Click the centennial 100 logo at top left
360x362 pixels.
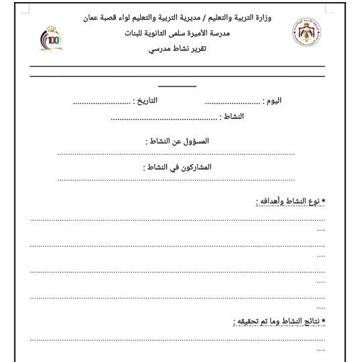(x=50, y=39)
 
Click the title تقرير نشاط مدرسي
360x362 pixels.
(x=178, y=50)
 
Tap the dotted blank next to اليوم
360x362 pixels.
(x=232, y=103)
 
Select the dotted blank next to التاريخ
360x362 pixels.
(x=102, y=103)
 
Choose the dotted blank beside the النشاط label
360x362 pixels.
(x=164, y=119)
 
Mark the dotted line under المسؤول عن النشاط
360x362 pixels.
(x=176, y=154)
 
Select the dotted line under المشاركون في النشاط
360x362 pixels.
(x=176, y=179)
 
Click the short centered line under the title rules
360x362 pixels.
(x=177, y=86)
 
